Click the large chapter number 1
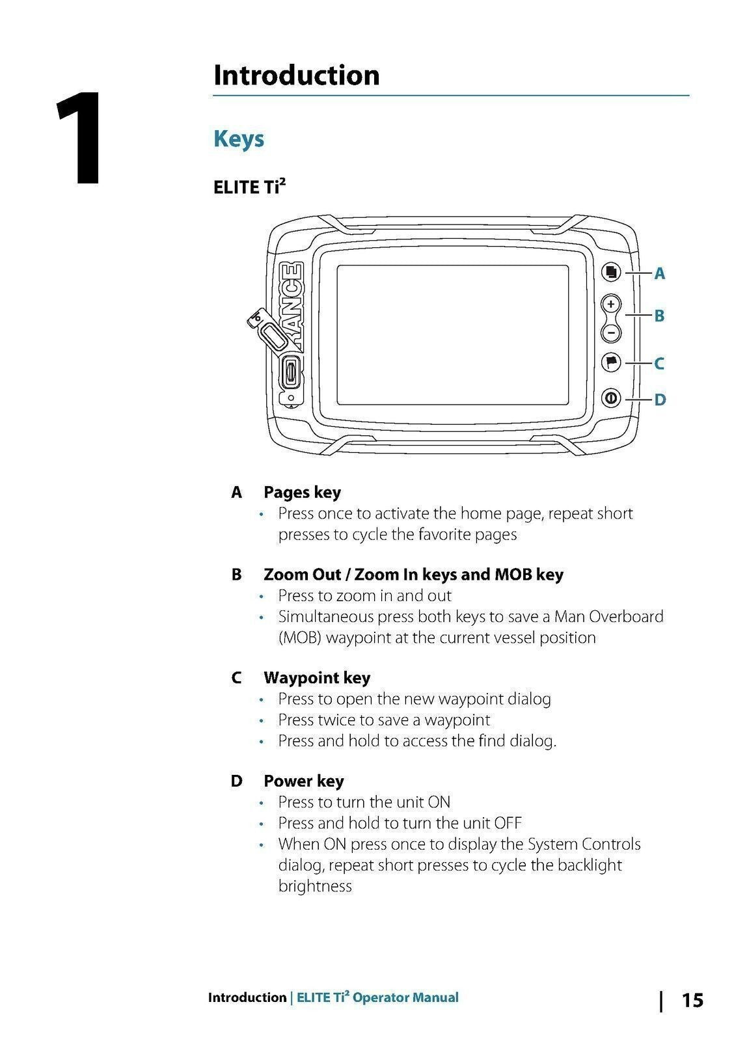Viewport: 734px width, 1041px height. click(79, 139)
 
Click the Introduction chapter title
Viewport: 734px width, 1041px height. click(296, 75)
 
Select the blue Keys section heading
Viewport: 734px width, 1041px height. click(239, 139)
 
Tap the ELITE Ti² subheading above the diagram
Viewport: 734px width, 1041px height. click(249, 187)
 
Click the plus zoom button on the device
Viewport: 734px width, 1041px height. click(610, 304)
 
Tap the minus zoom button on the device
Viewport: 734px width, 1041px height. click(610, 332)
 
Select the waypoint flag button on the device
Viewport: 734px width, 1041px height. click(610, 362)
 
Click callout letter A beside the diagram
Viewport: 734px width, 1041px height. click(659, 274)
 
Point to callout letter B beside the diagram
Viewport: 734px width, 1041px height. click(659, 316)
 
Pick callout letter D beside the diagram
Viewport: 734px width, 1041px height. click(660, 399)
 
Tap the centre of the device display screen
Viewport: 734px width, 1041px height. click(453, 338)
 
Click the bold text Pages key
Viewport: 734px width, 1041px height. click(302, 493)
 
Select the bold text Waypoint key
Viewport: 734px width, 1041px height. click(317, 678)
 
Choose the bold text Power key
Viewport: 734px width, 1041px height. click(303, 781)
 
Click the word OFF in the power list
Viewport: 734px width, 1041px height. click(508, 823)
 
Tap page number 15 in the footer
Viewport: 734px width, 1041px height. click(692, 1000)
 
